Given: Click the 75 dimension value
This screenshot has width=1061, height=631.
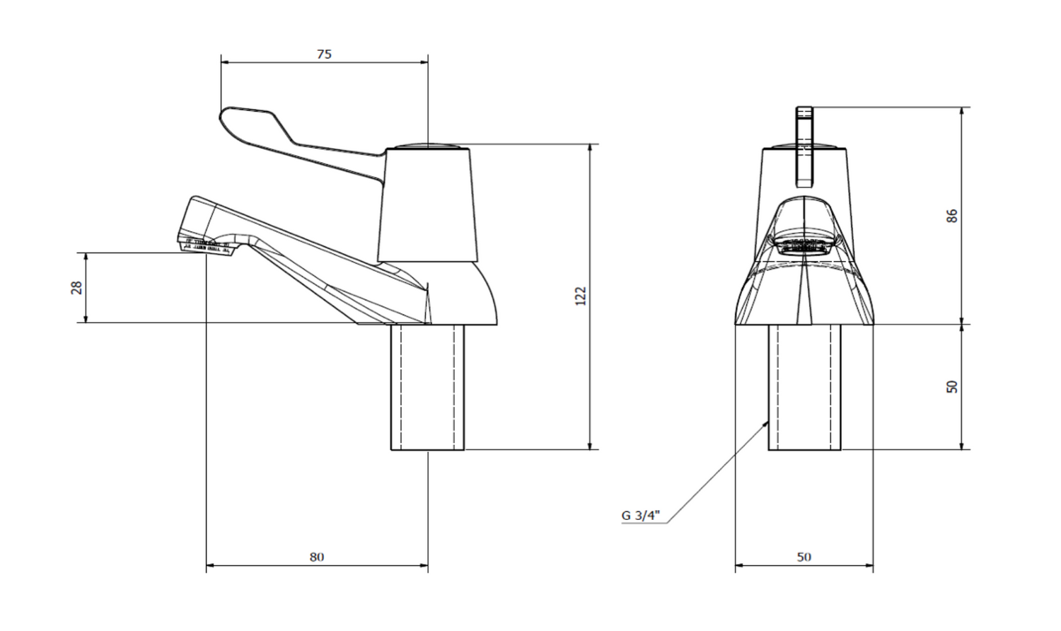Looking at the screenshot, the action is click(x=325, y=54).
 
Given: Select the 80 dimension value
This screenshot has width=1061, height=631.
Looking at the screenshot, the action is click(x=317, y=557).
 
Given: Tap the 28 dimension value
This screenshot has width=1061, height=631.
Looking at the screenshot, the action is click(x=76, y=287).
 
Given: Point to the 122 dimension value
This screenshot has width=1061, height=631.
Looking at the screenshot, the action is click(x=581, y=296).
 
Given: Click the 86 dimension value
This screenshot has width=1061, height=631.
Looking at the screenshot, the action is click(x=952, y=216).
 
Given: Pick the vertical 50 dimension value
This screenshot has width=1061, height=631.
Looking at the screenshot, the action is click(x=952, y=386).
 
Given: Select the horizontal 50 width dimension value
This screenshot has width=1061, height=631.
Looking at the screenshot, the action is click(x=804, y=557).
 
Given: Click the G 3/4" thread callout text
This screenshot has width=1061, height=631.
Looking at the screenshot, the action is click(x=640, y=515).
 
